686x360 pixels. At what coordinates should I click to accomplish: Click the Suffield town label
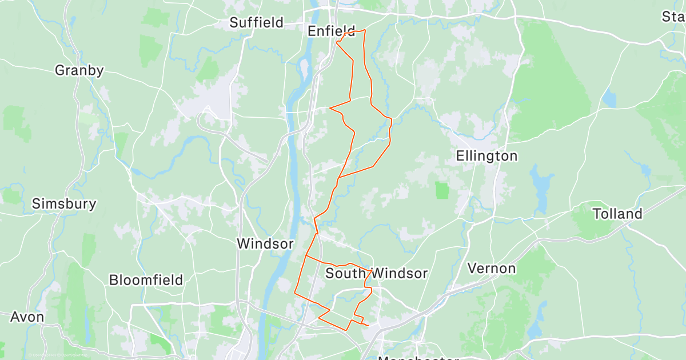point(256,23)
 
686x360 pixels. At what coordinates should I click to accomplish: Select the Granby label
point(79,71)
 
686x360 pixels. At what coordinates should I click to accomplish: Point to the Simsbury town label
point(64,203)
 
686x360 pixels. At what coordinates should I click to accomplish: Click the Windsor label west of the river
point(265,244)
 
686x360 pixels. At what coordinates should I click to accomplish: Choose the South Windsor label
point(376,274)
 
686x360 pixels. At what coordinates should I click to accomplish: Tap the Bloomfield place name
point(146,280)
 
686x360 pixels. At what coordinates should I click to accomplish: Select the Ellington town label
point(486,156)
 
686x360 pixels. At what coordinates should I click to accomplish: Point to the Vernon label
point(492,268)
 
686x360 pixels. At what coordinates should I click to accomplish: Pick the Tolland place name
point(617,214)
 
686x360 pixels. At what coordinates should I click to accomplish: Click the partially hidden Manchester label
point(417,357)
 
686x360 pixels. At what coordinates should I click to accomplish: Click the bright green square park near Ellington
point(442,190)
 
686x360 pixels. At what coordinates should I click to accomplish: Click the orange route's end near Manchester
point(368,326)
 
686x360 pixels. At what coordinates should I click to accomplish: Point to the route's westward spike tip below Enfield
point(330,107)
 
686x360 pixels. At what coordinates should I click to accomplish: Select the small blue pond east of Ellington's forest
point(609,98)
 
